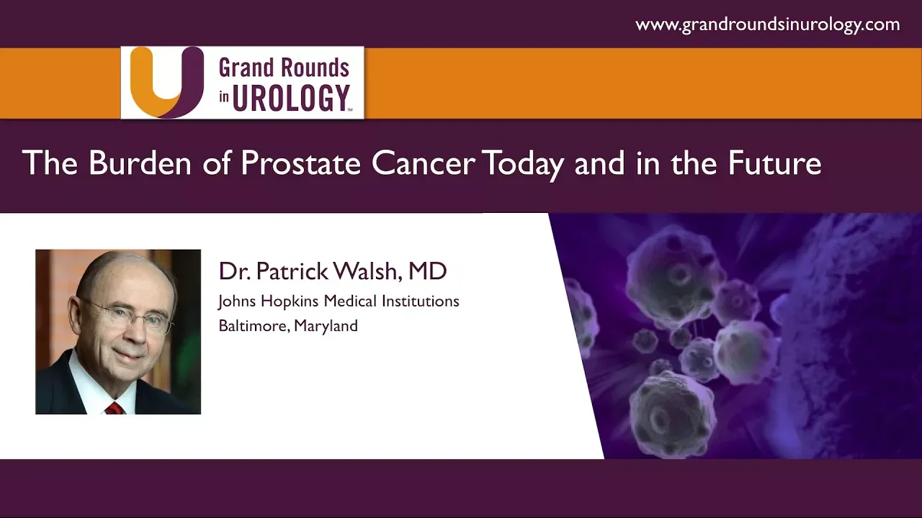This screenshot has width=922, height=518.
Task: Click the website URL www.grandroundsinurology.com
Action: pos(768,24)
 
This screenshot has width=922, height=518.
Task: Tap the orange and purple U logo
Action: pos(167,82)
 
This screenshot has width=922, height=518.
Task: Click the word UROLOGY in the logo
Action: pos(292,98)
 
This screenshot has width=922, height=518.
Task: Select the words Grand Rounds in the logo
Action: pos(284,68)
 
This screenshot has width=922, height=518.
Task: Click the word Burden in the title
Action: pos(140,163)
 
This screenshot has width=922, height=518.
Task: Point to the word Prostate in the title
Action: pos(300,163)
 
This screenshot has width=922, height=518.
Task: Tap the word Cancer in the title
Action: pos(424,163)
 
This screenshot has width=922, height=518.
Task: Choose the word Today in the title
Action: pos(523,165)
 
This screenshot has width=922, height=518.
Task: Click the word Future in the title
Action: pos(774,163)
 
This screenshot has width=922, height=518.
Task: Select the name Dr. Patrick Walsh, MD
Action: pos(333,271)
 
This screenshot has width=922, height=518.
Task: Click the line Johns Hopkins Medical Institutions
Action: pos(339,301)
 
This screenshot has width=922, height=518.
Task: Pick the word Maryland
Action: pos(326,327)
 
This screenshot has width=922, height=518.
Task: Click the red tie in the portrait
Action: pos(115,408)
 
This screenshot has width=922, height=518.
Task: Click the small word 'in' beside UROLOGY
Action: pos(224,96)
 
